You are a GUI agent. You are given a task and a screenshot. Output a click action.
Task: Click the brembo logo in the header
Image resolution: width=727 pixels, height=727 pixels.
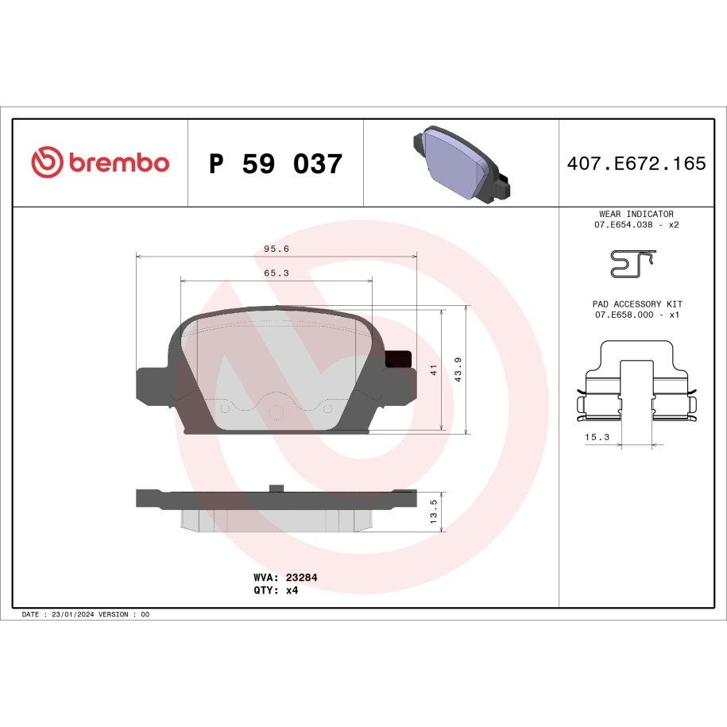click(100, 162)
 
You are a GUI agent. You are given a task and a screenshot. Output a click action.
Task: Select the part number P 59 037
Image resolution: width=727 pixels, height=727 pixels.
click(276, 164)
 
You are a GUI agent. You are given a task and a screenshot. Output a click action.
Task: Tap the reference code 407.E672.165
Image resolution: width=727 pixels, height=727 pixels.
click(636, 163)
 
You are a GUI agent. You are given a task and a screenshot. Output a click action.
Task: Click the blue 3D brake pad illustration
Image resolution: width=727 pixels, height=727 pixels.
click(461, 163)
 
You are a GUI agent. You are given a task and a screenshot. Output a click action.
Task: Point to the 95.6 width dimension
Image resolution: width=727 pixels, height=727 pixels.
click(276, 249)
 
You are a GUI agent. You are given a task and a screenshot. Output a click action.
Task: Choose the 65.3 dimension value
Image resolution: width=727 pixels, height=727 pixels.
click(276, 273)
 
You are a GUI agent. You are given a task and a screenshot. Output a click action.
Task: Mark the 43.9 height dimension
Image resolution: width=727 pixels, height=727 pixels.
click(458, 369)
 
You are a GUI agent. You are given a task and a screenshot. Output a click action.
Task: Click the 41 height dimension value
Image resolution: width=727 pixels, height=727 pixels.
click(434, 370)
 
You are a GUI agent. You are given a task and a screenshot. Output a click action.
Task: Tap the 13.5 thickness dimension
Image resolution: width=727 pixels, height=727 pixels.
click(434, 512)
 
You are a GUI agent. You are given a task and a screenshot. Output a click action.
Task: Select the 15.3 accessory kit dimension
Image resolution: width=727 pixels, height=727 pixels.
click(597, 437)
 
